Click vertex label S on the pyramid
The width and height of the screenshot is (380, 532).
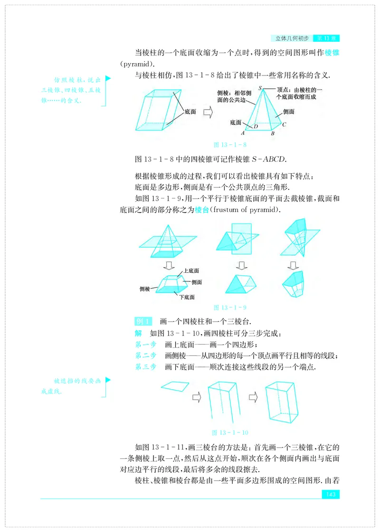260,88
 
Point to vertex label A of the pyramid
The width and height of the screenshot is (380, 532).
243,134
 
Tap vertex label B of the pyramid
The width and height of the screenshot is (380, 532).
273,134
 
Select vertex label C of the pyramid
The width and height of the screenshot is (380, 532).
284,125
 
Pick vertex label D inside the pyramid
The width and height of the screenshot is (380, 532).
256,126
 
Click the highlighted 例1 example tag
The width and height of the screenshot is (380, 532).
143,321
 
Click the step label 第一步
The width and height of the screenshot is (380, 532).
145,344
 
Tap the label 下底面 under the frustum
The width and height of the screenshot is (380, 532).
187,297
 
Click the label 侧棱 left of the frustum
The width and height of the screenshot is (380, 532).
145,288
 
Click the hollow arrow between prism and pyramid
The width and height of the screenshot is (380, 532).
208,112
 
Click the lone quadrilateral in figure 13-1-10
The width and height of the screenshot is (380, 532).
175,385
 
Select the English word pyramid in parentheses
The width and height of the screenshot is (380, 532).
137,64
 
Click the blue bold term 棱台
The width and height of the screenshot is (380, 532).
202,210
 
